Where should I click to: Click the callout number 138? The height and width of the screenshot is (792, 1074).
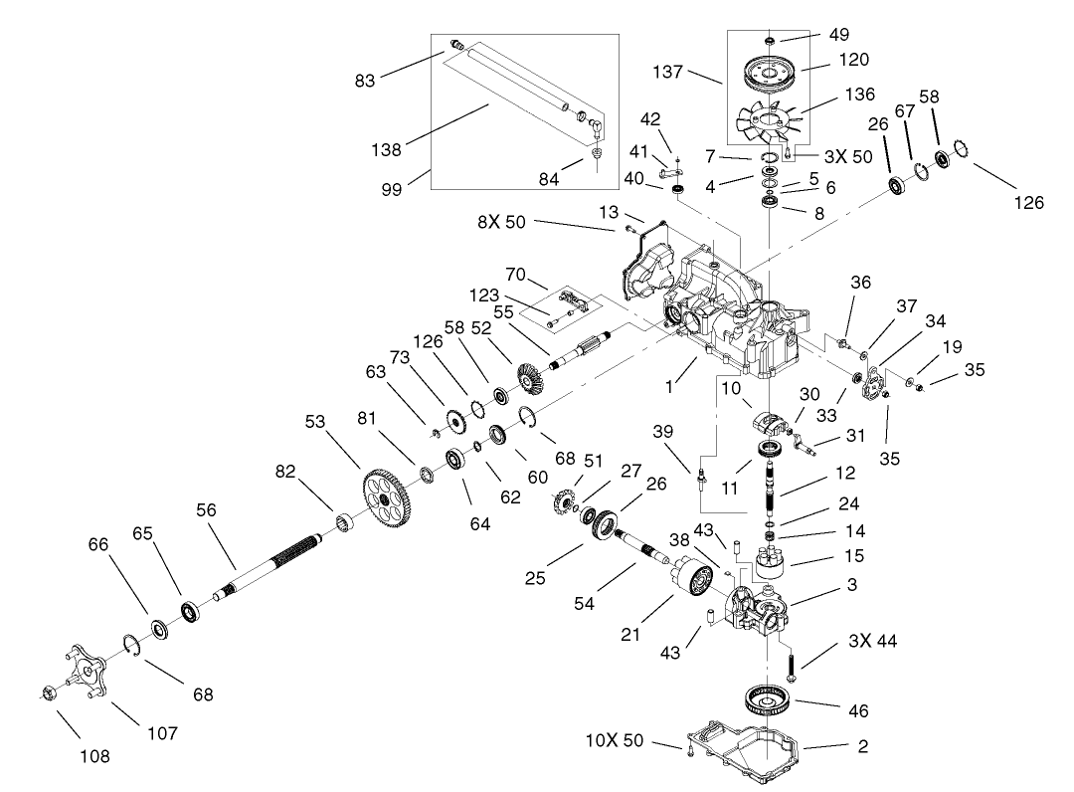(386, 150)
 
